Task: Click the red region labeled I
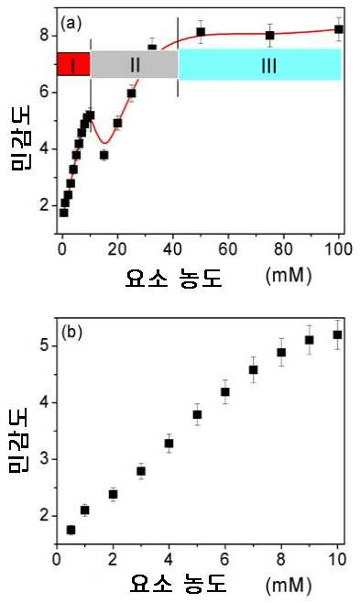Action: point(73,64)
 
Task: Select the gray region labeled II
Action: point(135,64)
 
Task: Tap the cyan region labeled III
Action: point(260,64)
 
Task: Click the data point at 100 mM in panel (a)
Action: point(339,29)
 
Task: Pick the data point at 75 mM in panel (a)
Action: point(269,36)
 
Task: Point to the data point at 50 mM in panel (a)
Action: point(201,32)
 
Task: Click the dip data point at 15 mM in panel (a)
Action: point(104,155)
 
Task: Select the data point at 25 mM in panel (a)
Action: point(131,93)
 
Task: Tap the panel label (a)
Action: point(71,24)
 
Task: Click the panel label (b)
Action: point(71,333)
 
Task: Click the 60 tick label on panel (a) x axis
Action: point(228,249)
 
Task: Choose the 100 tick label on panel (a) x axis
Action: point(338,249)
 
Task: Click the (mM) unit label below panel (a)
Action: point(289,275)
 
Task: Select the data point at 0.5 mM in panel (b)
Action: point(71,530)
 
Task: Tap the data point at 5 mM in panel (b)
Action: point(197,414)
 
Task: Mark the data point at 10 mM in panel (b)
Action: point(337,335)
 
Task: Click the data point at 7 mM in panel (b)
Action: point(253,370)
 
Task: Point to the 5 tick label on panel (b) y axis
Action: point(45,346)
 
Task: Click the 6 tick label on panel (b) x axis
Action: point(225,559)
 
